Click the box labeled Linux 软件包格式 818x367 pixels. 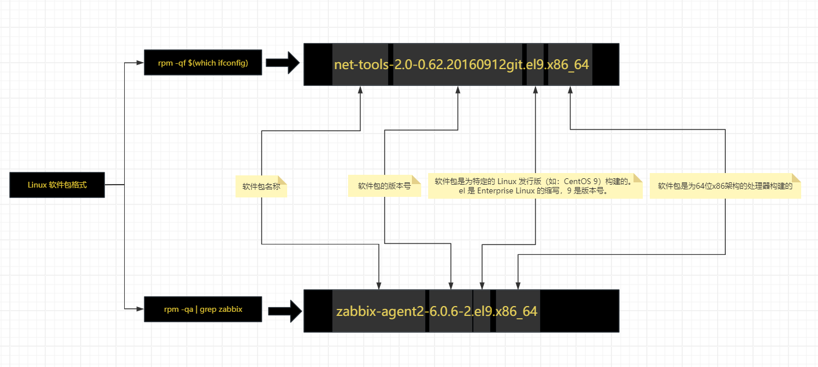[57, 185]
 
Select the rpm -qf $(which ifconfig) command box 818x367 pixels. [202, 63]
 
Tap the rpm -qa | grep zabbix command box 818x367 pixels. [203, 310]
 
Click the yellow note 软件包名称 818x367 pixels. [261, 187]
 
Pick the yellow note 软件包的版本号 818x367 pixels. [384, 186]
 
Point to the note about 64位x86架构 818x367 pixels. [725, 186]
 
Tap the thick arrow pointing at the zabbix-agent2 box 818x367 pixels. [285, 311]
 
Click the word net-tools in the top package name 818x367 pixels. [360, 64]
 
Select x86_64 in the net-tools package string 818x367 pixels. [569, 64]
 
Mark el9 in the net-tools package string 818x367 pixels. [534, 64]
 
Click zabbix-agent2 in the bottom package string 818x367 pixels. [379, 311]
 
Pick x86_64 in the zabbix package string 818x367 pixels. [516, 311]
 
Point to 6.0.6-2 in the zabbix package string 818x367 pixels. [450, 311]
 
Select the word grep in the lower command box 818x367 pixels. [208, 310]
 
